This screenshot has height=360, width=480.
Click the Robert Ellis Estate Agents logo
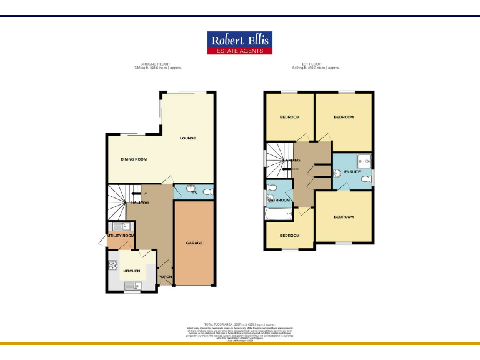pos(240,42)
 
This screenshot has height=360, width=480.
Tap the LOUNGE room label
pos(188,138)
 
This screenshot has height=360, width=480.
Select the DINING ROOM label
pos(134,159)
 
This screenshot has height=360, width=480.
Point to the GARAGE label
pos(194,243)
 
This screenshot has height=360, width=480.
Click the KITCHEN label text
pos(131,271)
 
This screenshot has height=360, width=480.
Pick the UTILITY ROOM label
pos(121,236)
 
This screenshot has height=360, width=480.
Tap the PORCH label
pos(165,277)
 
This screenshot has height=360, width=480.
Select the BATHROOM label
pos(279,200)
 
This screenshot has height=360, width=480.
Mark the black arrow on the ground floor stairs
pos(135,194)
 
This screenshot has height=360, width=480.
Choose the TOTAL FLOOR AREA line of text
pos(240,324)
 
